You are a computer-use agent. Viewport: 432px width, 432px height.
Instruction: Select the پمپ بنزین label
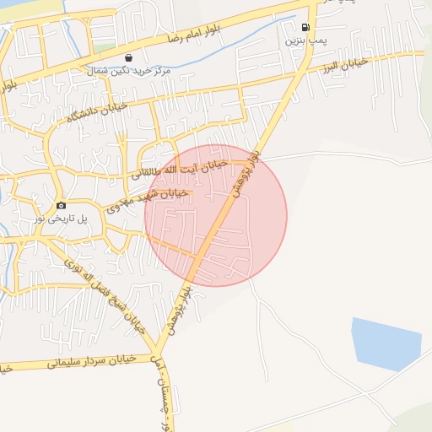pyautogui.click(x=305, y=40)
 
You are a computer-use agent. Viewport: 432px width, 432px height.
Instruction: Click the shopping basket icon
pyautogui.click(x=127, y=57)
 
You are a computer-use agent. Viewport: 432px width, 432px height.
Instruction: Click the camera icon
pyautogui.click(x=61, y=206)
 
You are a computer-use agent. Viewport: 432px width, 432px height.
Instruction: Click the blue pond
pyautogui.click(x=386, y=343)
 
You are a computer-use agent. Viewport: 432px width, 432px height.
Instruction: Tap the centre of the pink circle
pyautogui.click(x=216, y=215)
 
